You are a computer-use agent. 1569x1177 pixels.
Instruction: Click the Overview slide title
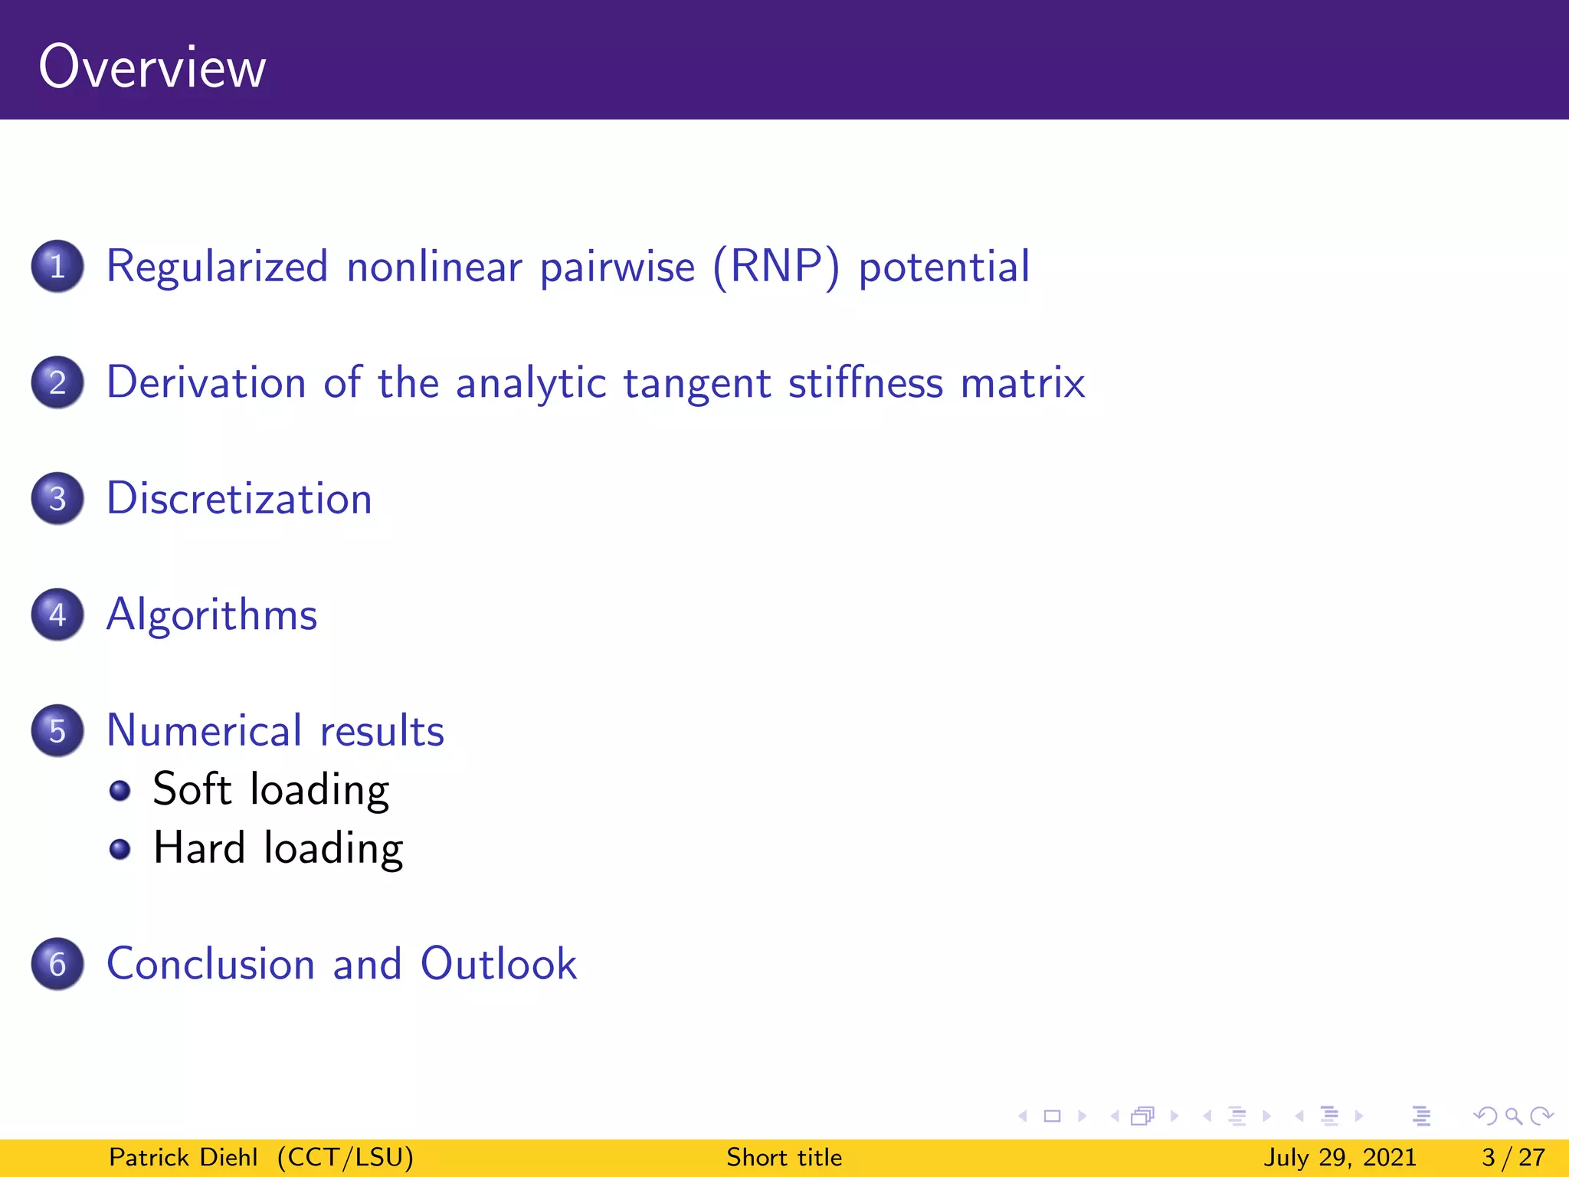(152, 67)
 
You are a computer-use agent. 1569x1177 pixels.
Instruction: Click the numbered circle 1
(57, 267)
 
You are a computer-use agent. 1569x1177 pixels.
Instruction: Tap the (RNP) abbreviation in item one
(776, 267)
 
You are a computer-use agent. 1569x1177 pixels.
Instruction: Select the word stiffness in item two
(866, 382)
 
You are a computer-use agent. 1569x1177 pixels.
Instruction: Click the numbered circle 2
(57, 382)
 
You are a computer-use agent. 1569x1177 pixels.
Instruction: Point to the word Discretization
(239, 499)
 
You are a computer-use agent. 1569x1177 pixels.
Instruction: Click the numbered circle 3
(57, 499)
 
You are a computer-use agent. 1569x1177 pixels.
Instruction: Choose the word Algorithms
(211, 615)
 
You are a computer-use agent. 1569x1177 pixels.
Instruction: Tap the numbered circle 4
(57, 615)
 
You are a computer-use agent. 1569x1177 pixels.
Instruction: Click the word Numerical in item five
(204, 730)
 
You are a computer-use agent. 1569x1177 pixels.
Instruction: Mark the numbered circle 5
(57, 730)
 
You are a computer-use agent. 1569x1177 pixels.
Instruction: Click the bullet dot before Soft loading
(120, 790)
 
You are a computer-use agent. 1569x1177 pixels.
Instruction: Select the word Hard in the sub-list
(199, 848)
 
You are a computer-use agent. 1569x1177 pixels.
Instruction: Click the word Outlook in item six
(498, 963)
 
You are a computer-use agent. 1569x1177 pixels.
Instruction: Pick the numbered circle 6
(57, 963)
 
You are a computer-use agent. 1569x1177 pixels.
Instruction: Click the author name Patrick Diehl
(183, 1157)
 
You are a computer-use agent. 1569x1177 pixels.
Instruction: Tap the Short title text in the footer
(784, 1157)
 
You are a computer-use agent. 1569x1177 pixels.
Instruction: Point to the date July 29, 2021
(1340, 1157)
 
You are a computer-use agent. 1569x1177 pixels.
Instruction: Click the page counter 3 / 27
(1513, 1157)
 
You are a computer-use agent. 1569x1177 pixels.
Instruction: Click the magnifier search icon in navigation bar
(1513, 1116)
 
